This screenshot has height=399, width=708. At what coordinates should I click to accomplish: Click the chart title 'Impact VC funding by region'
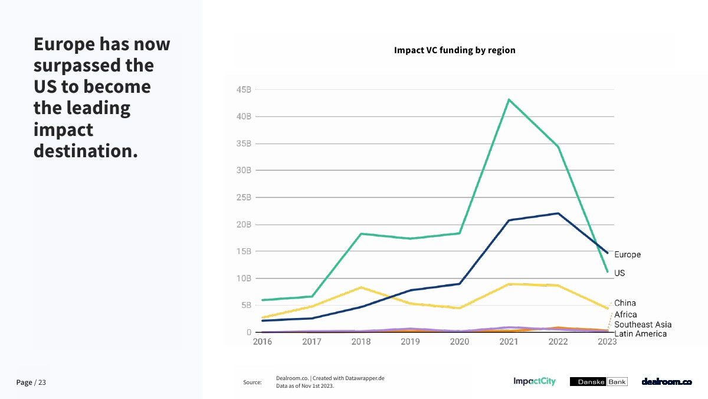tap(454, 50)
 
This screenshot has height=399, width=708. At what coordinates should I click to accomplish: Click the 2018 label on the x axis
tap(361, 342)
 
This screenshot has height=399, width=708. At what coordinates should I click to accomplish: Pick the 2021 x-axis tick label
tap(509, 342)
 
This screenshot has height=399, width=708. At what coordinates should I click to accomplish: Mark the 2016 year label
tap(263, 342)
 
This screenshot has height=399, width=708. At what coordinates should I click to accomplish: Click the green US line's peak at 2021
tap(509, 99)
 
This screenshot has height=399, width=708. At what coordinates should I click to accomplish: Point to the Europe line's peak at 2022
tap(558, 213)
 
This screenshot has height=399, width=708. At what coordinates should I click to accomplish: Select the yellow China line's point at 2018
tap(361, 287)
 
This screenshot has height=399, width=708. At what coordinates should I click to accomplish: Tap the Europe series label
tap(627, 255)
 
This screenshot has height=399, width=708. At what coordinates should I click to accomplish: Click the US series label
tap(619, 273)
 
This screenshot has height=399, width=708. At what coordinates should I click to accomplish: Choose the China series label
tap(625, 303)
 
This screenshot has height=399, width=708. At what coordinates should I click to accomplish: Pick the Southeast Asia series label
tap(643, 325)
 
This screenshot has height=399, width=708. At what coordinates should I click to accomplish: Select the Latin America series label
tap(640, 334)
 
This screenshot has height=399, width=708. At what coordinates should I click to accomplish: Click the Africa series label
tap(625, 314)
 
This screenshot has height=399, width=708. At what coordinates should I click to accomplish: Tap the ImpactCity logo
tap(535, 382)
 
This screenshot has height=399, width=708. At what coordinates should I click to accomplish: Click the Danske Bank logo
tap(598, 382)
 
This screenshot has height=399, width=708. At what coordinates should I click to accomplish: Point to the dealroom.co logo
tap(667, 382)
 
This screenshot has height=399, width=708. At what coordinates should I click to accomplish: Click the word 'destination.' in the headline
tap(86, 150)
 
